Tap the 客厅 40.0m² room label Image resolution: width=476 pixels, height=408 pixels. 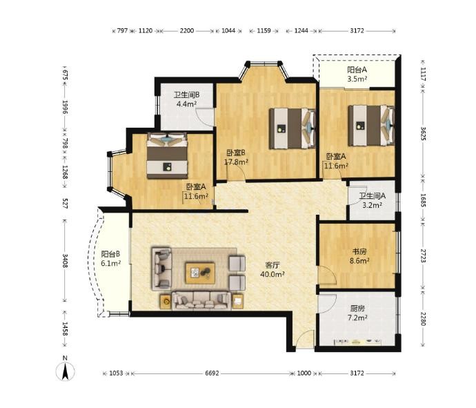[x=272, y=270]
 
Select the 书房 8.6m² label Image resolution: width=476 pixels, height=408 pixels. [x=359, y=256]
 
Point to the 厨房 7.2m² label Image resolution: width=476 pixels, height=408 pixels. [x=357, y=313]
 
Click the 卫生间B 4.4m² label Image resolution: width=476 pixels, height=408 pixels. [x=186, y=99]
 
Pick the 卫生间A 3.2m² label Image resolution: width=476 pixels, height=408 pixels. [x=373, y=200]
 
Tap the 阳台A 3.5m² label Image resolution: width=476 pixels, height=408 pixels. [x=357, y=74]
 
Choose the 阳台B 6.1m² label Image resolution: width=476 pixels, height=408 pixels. [x=111, y=258]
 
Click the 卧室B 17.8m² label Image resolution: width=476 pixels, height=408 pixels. [x=236, y=157]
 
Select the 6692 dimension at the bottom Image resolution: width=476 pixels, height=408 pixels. [x=212, y=373]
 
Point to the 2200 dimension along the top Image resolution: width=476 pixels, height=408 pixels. [x=187, y=30]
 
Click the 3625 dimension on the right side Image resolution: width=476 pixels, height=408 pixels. [x=423, y=133]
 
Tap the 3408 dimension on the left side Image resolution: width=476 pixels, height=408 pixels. [x=65, y=261]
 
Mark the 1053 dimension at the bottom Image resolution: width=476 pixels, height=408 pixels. [x=116, y=373]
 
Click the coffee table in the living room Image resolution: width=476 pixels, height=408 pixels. [x=200, y=273]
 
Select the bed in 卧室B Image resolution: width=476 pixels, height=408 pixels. [x=292, y=128]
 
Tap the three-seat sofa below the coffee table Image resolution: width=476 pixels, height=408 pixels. [x=201, y=300]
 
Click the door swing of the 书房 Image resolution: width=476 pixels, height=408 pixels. [x=327, y=275]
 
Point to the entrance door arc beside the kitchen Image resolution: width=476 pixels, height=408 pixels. [x=305, y=339]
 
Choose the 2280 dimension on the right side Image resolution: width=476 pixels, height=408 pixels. [x=423, y=318]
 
